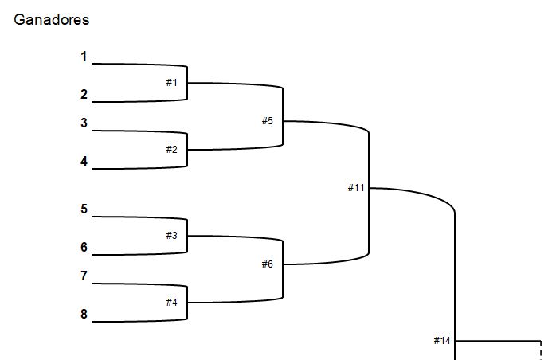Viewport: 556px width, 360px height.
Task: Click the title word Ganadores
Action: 52,20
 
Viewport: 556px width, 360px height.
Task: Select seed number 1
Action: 84,57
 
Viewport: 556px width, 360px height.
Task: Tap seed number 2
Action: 84,95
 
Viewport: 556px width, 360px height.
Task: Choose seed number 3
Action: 84,123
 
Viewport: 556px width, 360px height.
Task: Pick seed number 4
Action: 84,162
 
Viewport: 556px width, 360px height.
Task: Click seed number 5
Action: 84,209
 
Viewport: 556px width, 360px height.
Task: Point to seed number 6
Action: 84,248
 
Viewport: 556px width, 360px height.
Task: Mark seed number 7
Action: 84,276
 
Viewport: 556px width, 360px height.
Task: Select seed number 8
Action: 84,315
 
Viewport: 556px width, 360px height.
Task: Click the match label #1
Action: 172,83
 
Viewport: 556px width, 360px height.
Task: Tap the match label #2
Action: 172,150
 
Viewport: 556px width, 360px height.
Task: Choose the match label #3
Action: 172,236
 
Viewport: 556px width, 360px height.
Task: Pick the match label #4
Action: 172,303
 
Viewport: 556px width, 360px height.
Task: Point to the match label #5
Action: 268,121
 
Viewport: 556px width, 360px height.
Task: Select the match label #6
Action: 268,264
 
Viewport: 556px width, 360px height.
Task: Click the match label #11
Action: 356,188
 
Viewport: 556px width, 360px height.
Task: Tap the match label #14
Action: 442,341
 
